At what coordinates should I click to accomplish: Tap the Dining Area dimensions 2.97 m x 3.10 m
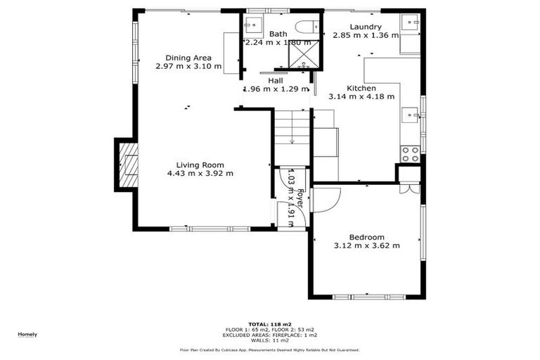click(188, 67)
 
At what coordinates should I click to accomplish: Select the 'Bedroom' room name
click(366, 237)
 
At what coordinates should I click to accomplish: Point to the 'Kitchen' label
click(361, 88)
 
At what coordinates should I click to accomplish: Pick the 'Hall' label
click(276, 81)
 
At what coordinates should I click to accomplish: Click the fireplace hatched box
click(127, 166)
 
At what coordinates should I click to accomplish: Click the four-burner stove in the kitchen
click(410, 153)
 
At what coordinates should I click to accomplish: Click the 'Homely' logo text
click(27, 334)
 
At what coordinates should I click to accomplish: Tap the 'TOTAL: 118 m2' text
click(269, 324)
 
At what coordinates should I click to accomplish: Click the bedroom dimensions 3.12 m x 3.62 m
click(366, 246)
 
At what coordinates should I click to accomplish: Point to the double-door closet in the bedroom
click(409, 189)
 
